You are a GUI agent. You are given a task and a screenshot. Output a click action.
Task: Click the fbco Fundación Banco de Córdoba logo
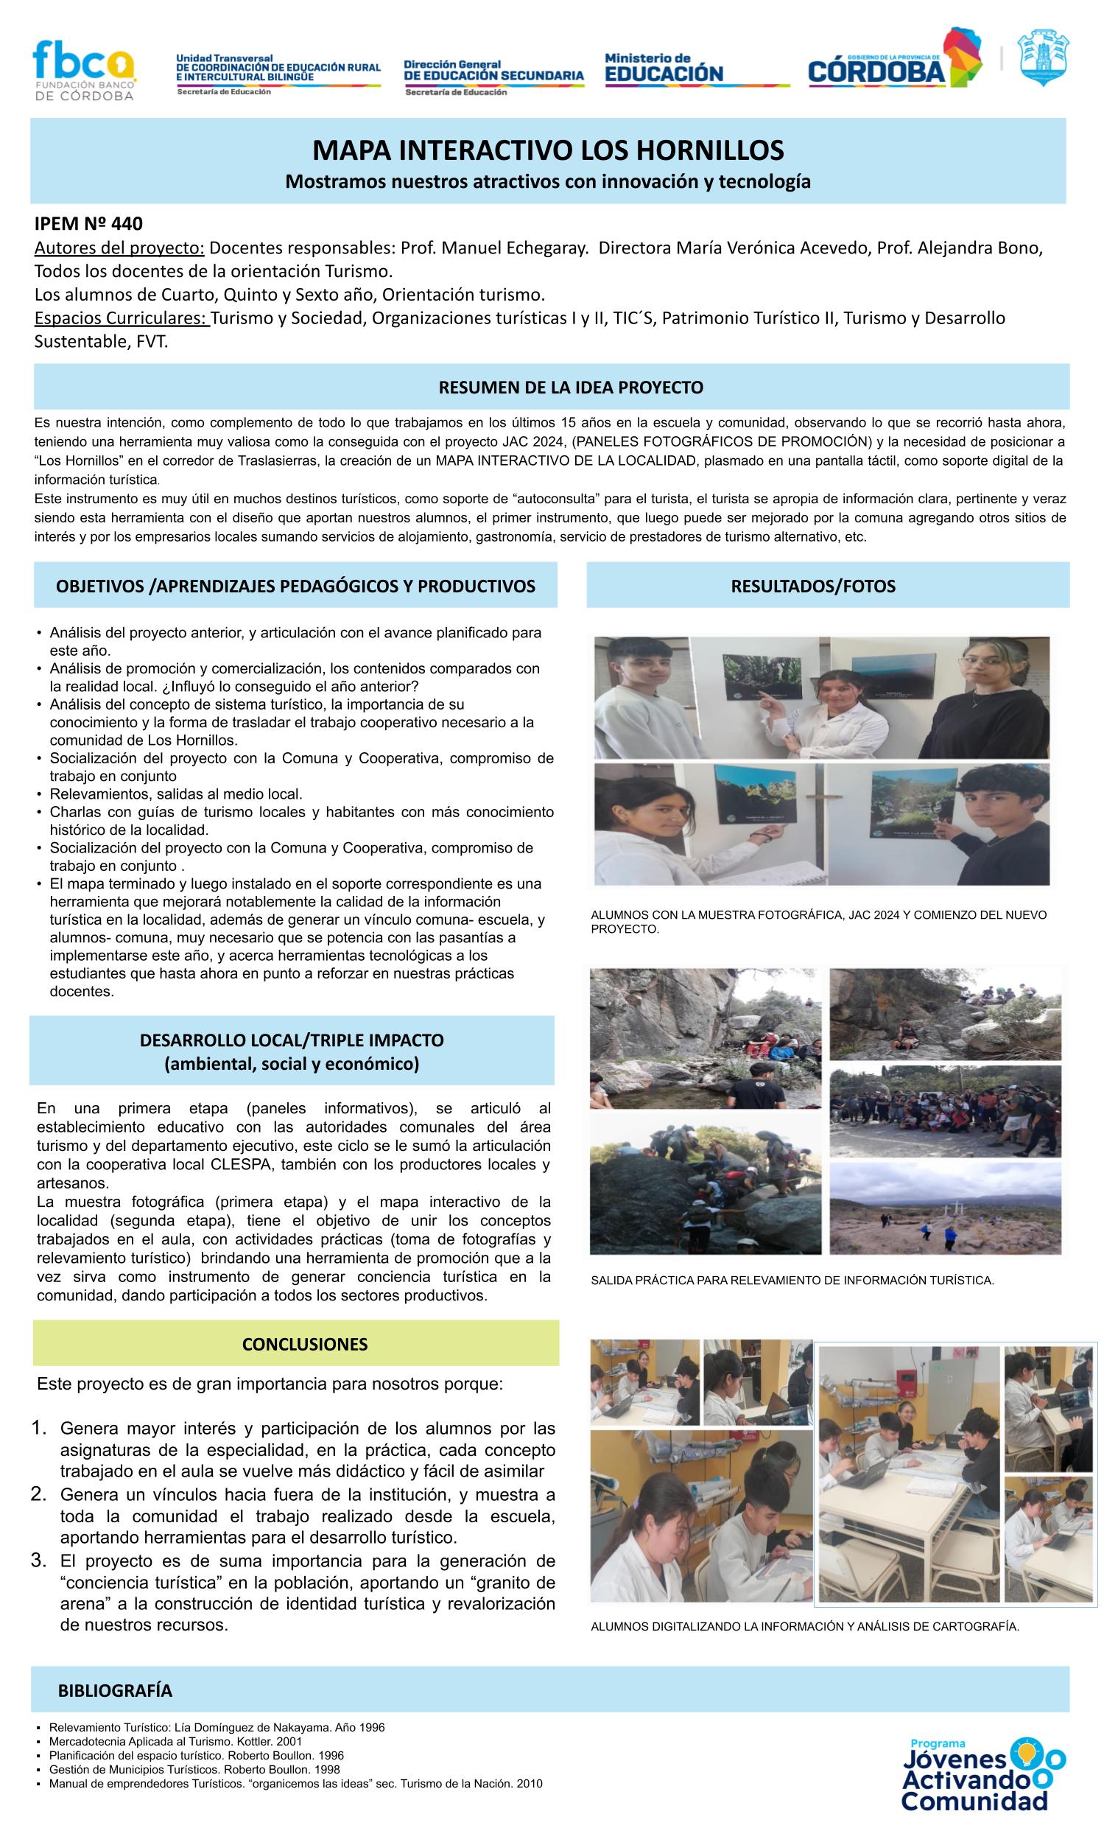[83, 70]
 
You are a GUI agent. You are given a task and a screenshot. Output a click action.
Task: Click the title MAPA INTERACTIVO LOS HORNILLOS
[547, 150]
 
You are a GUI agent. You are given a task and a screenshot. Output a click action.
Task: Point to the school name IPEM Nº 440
[88, 223]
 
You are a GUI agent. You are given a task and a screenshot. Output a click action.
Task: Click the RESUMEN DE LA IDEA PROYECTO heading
[571, 387]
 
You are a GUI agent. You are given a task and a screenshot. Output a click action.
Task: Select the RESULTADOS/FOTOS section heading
[812, 586]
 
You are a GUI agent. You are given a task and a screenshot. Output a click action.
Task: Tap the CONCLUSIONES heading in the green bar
[304, 1344]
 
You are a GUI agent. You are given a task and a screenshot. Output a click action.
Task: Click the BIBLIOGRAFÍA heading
[116, 1691]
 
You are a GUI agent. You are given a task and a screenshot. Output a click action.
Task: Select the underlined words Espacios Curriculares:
[122, 318]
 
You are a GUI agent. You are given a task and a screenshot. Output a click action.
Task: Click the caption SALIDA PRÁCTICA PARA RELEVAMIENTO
[792, 1281]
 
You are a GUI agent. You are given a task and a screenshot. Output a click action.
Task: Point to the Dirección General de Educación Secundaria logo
[493, 75]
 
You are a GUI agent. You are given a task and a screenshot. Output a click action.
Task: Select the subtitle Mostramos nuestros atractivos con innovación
[547, 181]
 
